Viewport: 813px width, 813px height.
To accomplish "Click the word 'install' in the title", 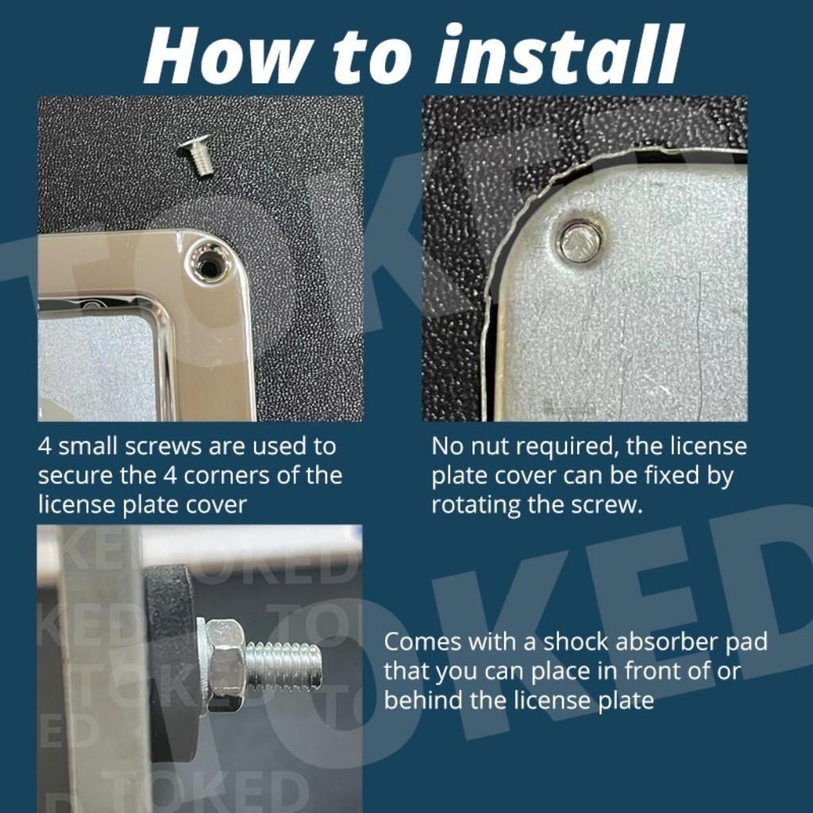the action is (559, 55).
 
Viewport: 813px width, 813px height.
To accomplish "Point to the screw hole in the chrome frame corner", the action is (210, 265).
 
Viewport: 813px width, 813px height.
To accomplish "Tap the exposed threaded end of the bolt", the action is (283, 665).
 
